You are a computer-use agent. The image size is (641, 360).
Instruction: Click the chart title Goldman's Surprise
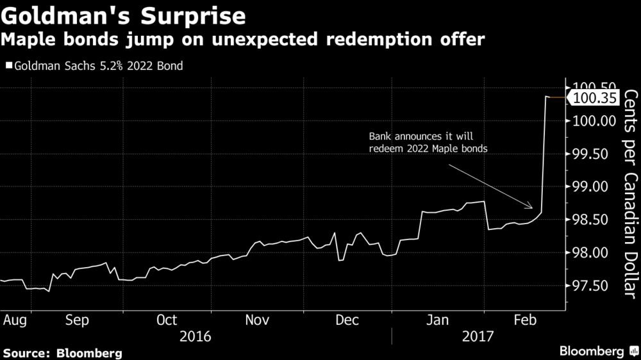(124, 15)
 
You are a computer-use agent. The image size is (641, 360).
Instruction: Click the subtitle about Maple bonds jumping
(242, 40)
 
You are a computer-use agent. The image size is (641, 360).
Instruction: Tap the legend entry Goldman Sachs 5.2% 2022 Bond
(94, 66)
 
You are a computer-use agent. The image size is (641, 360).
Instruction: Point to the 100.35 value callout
(597, 98)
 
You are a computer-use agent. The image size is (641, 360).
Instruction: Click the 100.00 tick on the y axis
(595, 120)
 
